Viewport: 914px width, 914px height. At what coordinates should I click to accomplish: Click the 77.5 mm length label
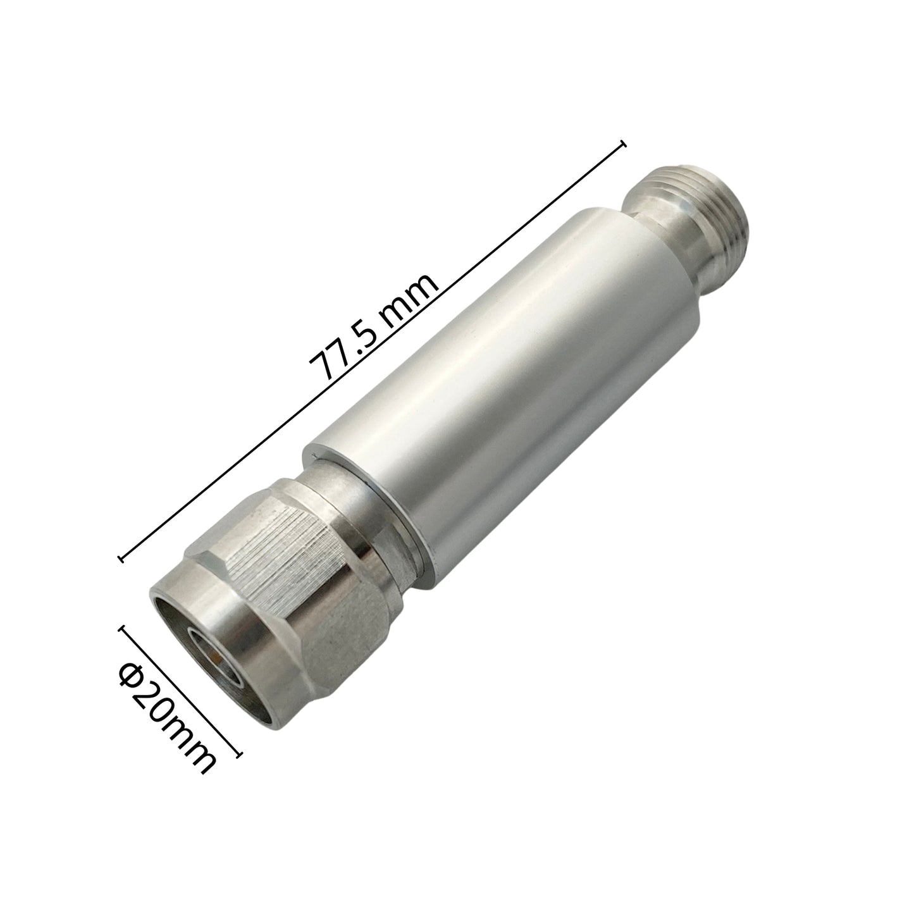click(373, 327)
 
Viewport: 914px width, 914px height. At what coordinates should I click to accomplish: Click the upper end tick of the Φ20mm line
click(122, 630)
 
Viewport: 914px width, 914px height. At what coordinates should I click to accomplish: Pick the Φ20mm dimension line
click(180, 691)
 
